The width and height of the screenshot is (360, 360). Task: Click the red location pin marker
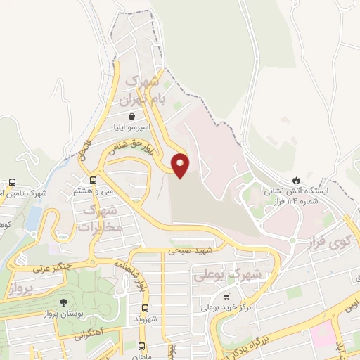[x=181, y=164]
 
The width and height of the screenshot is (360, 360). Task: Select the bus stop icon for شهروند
[x=145, y=308]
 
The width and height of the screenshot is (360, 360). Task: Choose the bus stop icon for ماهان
[x=141, y=346]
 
